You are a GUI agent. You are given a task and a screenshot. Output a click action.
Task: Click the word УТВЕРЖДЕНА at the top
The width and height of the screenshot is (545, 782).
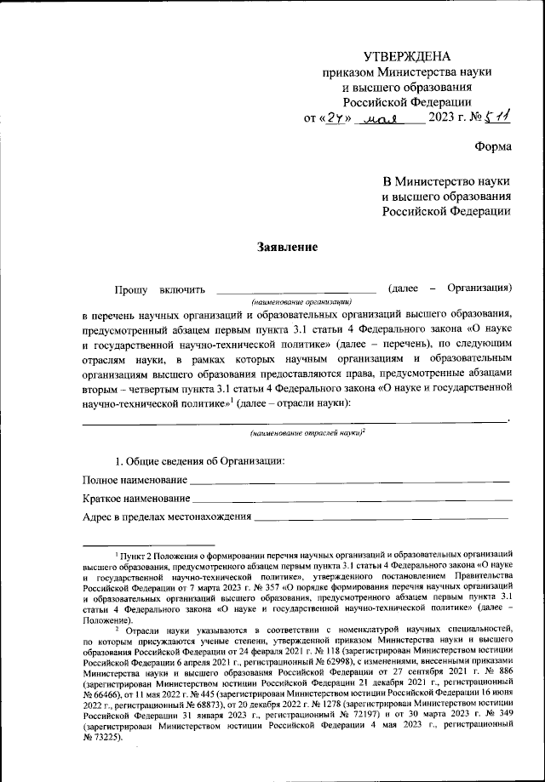[405, 56]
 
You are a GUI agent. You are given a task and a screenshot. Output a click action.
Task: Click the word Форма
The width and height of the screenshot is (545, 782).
[493, 146]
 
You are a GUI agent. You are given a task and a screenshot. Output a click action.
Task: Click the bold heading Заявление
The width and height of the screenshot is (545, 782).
[287, 248]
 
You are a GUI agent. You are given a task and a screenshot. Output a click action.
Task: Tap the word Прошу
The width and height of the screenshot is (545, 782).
[130, 290]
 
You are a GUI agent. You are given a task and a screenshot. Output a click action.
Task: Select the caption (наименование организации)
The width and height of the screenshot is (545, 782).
[295, 302]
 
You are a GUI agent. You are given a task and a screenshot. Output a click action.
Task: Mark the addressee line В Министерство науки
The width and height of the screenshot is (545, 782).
[446, 182]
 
